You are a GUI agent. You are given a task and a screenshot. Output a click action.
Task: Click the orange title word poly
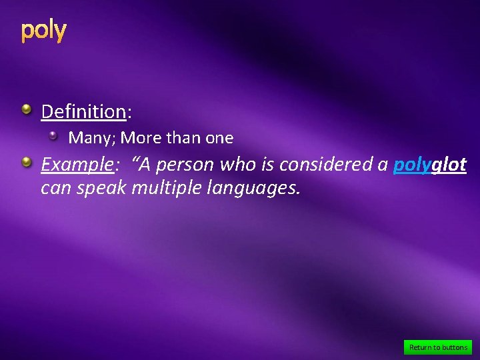tap(43, 31)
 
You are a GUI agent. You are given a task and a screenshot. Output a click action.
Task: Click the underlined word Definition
tap(83, 111)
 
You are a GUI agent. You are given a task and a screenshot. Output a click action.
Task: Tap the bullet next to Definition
tap(25, 109)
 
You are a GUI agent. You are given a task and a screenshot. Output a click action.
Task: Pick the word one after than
tap(219, 138)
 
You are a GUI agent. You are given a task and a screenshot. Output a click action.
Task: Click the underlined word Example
tap(75, 164)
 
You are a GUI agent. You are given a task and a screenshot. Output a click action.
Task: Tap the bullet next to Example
tap(25, 162)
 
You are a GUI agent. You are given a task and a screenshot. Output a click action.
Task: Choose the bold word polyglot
tap(429, 164)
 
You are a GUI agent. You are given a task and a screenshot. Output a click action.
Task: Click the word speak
tap(103, 189)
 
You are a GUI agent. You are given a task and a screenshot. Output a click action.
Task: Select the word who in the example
tap(238, 164)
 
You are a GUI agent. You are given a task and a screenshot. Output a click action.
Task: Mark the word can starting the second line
tap(56, 189)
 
